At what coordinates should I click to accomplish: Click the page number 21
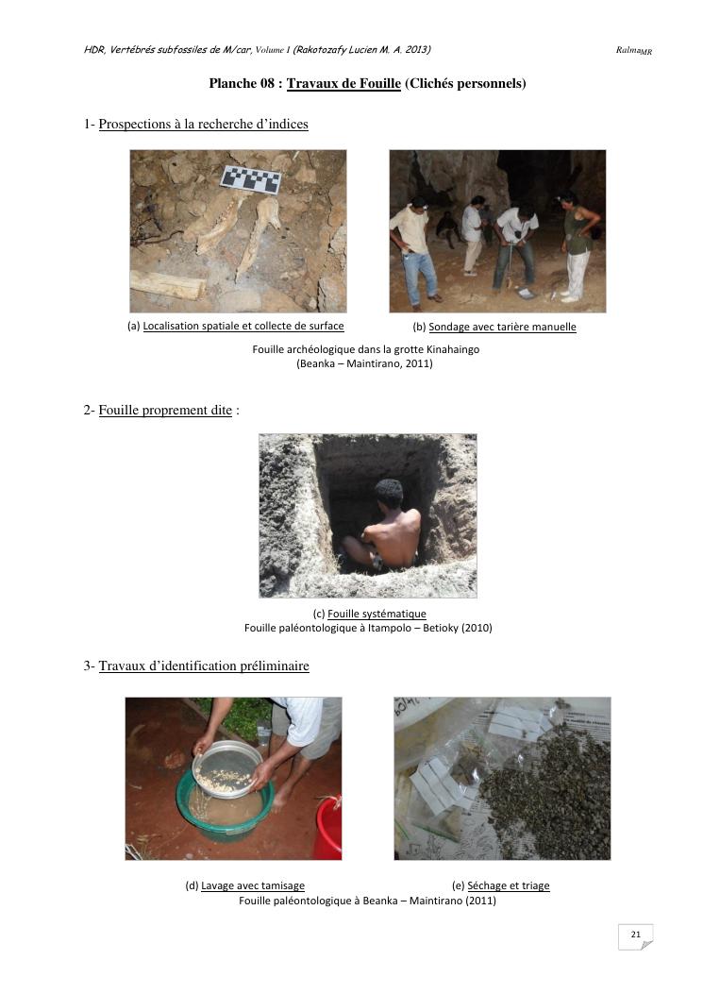click(635, 934)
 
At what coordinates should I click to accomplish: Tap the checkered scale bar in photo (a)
click(250, 179)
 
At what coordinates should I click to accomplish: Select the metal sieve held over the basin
click(226, 769)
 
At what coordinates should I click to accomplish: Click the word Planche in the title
click(233, 83)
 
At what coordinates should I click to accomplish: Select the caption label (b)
click(419, 328)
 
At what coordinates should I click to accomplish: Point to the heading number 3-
click(90, 665)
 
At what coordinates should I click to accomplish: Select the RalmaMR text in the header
click(633, 51)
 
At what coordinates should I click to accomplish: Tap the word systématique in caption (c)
click(395, 614)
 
